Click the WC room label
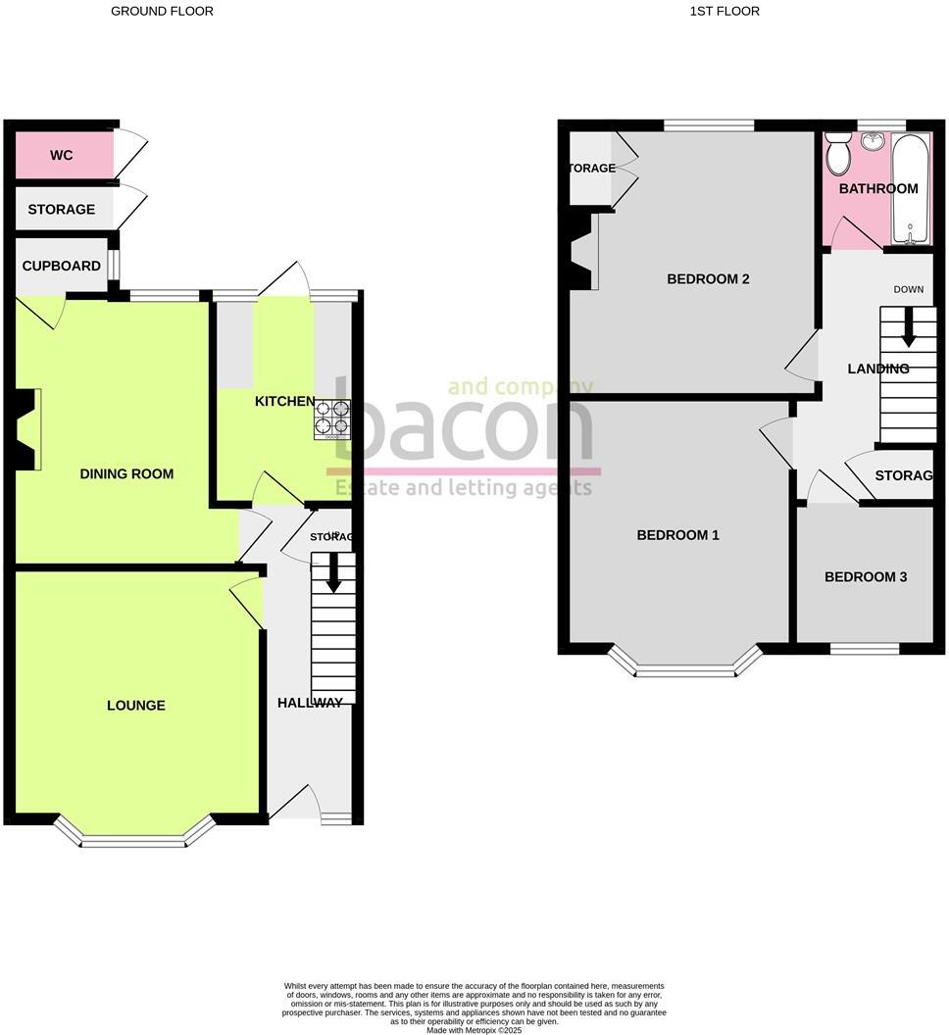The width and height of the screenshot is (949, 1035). (x=62, y=156)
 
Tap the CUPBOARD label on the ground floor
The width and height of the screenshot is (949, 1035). (x=62, y=266)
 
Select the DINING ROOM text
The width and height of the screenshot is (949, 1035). (x=126, y=474)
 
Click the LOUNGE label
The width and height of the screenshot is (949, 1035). (x=136, y=706)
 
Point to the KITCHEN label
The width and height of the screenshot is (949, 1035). (x=285, y=402)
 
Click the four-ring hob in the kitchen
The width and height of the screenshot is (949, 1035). (x=332, y=419)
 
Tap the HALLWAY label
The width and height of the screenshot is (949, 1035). (x=310, y=703)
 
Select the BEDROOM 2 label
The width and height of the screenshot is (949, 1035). (x=708, y=279)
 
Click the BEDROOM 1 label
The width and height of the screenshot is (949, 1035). (x=678, y=535)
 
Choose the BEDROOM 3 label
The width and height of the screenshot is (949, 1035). (x=866, y=577)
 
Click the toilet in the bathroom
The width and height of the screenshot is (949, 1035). (x=838, y=154)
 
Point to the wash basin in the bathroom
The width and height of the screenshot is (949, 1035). (x=873, y=142)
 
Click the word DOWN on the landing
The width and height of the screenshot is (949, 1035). (x=909, y=289)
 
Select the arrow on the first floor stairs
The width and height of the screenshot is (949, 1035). (x=909, y=327)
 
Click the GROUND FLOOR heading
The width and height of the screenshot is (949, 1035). (x=162, y=12)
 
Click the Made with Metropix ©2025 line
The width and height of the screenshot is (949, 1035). (x=474, y=1029)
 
